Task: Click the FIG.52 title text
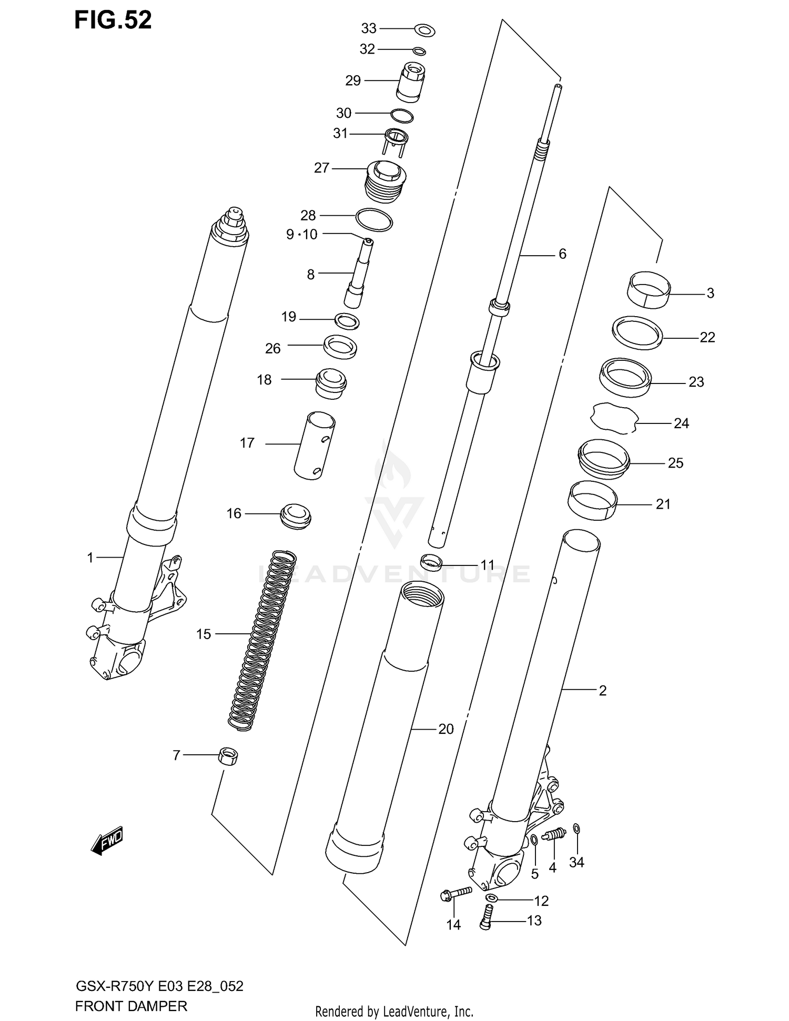coord(113,20)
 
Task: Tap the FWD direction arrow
coord(107,840)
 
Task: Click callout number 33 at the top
coord(369,28)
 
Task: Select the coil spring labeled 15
coord(261,639)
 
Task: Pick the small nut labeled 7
coord(228,757)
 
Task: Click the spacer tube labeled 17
coord(314,446)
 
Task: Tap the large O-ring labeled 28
coord(374,219)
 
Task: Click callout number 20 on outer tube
coord(446,729)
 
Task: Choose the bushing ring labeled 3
coord(649,289)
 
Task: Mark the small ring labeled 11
coord(432,562)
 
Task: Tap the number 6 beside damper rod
coord(562,254)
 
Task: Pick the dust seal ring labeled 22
coord(637,333)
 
